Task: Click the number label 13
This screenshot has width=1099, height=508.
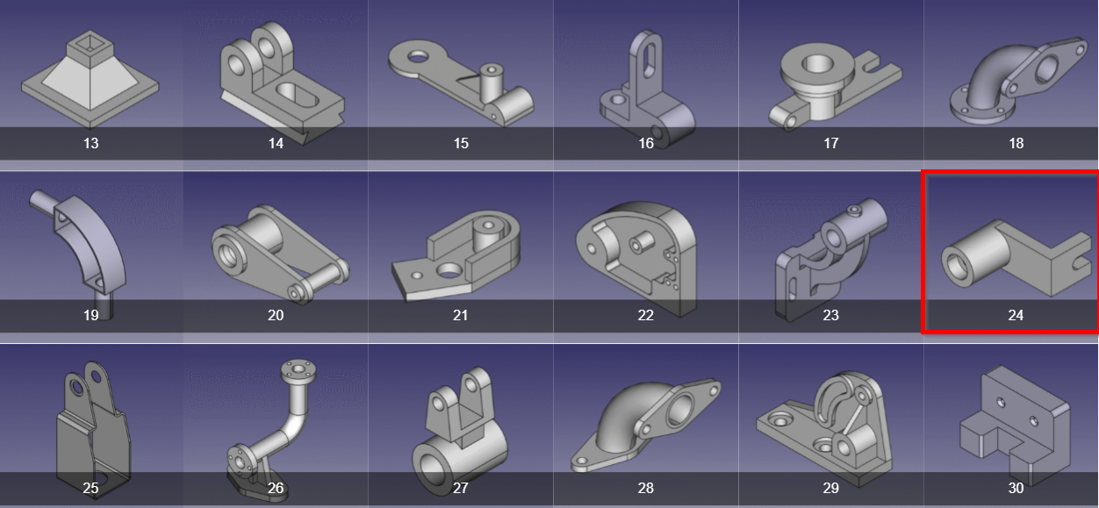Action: (x=90, y=143)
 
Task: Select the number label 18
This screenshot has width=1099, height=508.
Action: (x=1016, y=143)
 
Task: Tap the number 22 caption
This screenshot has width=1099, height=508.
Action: (x=646, y=315)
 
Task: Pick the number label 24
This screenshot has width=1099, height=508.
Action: (x=1016, y=315)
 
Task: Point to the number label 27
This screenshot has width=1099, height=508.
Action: (x=460, y=488)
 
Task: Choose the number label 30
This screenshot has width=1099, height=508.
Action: (x=1016, y=488)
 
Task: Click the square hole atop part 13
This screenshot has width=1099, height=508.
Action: (x=90, y=43)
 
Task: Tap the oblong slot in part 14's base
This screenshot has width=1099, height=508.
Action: (x=297, y=97)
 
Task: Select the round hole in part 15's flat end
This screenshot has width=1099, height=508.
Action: (x=418, y=57)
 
